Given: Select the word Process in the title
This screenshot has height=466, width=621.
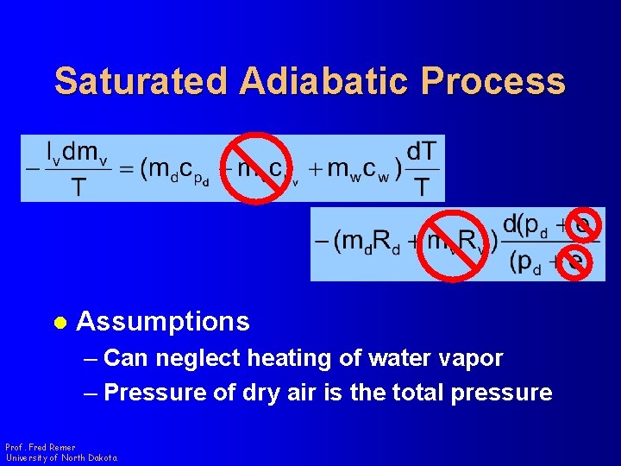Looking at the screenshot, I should point(493,81).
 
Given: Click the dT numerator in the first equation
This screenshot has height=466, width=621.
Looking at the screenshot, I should point(422,151).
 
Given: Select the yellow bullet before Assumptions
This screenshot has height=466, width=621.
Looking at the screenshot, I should point(60,323).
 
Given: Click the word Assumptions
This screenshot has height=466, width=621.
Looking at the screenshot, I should point(163,322).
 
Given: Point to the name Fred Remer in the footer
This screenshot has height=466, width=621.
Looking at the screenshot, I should point(51,447).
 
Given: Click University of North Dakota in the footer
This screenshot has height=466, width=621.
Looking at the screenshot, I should point(61,457).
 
